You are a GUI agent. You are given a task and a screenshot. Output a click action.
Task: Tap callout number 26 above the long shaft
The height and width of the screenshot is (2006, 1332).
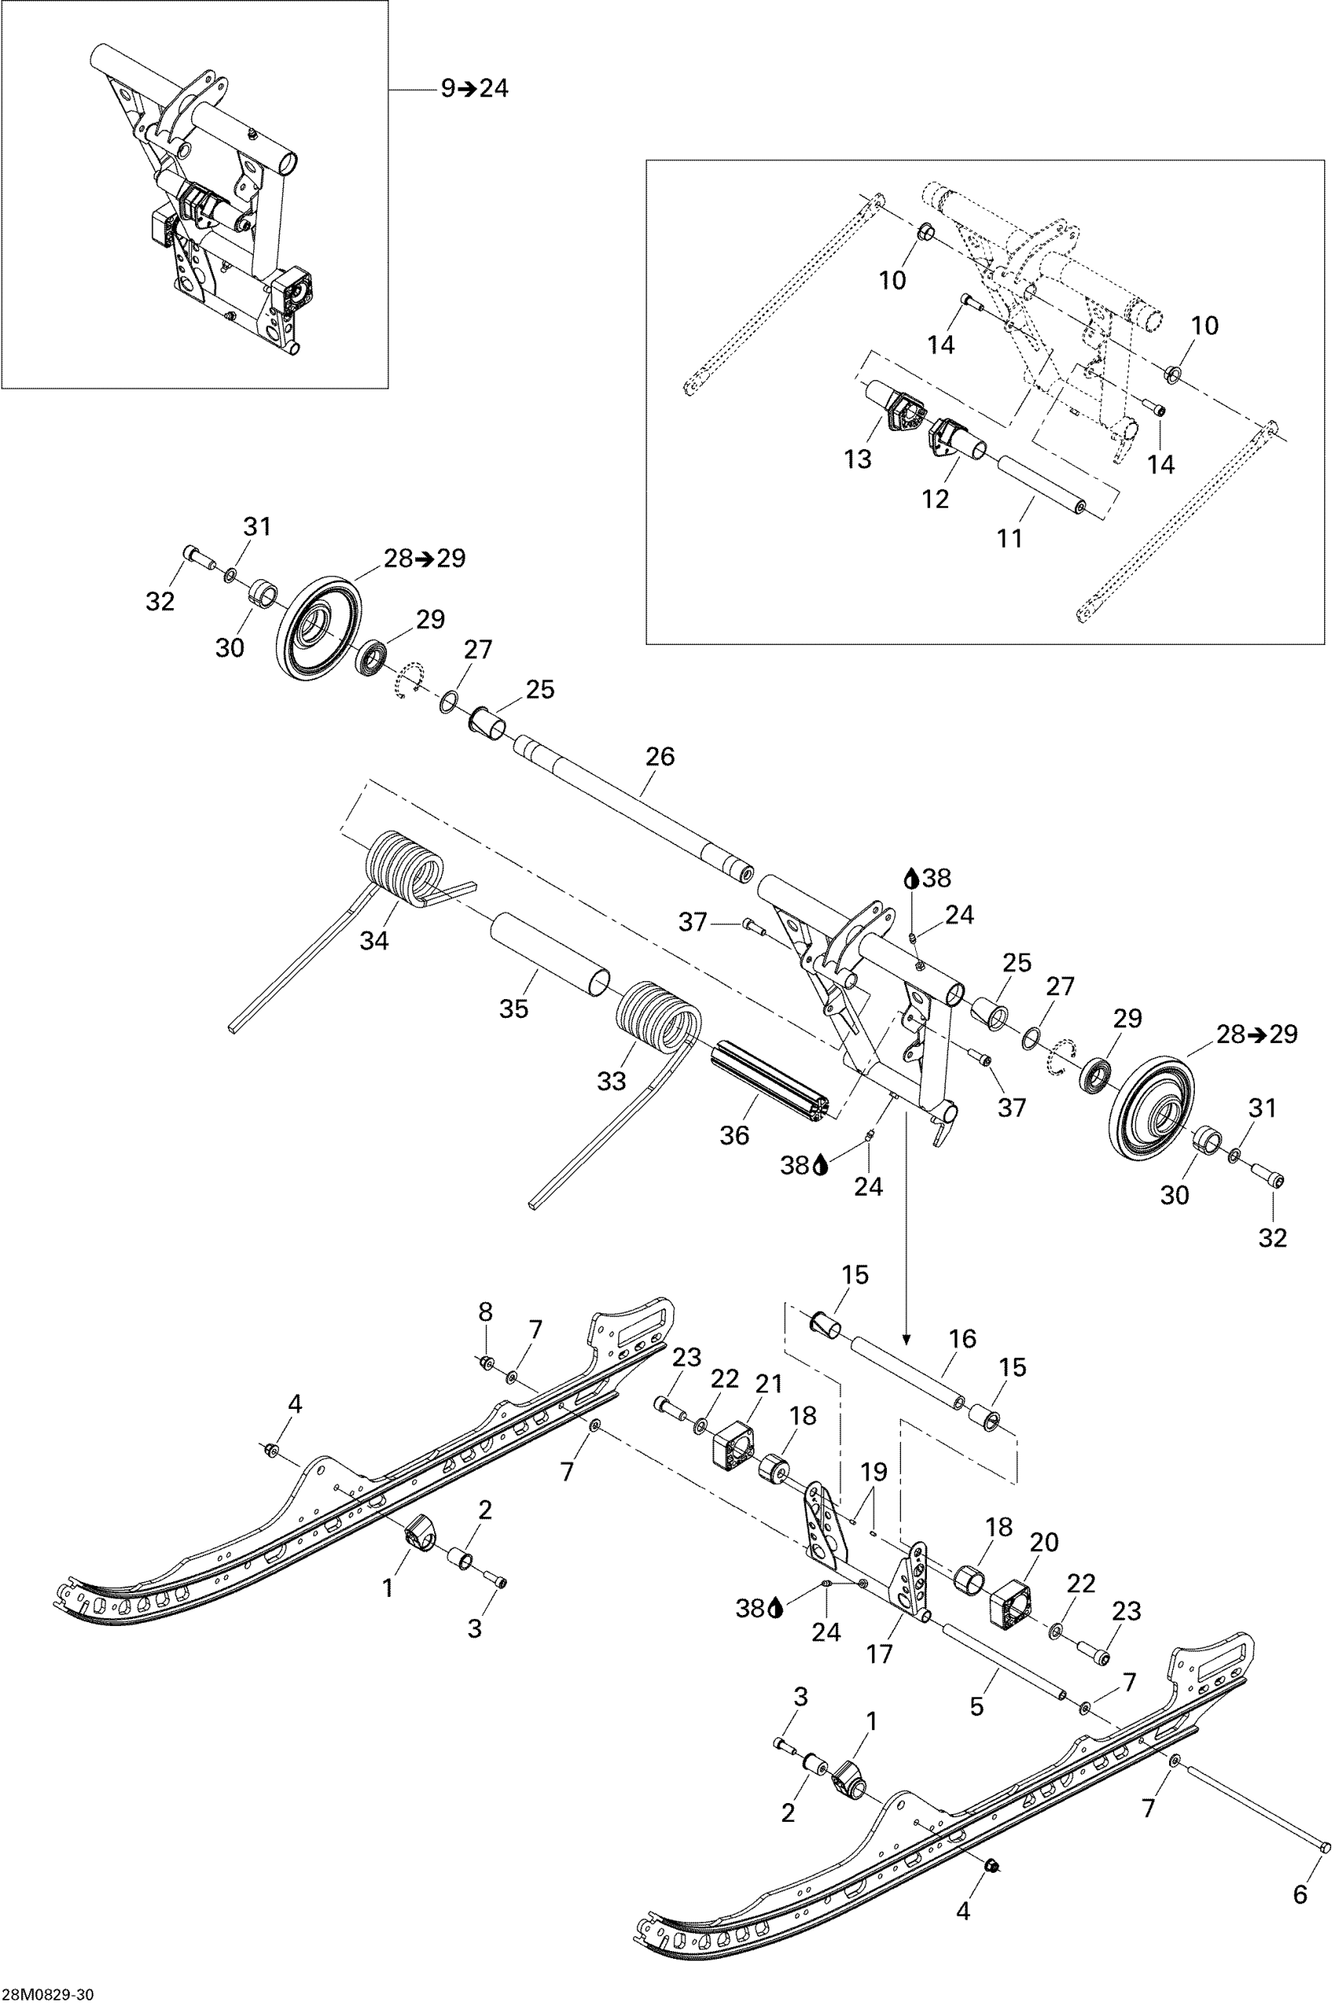point(660,756)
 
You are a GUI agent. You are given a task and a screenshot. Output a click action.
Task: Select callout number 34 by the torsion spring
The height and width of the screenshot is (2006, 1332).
point(375,940)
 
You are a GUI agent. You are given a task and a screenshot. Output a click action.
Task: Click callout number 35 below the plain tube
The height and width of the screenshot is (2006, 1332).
point(514,1008)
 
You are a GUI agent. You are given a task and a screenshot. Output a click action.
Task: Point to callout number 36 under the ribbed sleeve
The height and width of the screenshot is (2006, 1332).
point(735,1135)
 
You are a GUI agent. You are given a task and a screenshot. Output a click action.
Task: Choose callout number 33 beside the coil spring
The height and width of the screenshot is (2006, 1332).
point(611,1081)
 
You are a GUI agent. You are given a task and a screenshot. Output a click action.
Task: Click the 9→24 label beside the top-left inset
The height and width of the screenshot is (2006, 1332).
point(475,89)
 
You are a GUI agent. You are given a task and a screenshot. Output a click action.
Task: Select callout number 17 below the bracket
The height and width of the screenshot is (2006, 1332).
point(879,1653)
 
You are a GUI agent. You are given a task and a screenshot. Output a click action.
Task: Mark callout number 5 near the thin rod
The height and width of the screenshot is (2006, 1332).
point(976,1705)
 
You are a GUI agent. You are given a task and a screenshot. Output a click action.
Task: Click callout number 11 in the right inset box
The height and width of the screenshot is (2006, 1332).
point(1009,538)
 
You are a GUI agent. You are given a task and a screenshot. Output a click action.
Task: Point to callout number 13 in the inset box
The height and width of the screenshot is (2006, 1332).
point(858,459)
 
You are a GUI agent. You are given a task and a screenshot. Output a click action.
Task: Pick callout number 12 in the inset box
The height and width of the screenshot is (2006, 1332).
point(936,498)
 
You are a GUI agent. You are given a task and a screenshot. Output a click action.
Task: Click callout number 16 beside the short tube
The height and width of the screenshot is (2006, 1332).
point(962,1339)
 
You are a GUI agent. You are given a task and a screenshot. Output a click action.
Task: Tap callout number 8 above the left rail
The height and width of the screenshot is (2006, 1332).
point(485,1311)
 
